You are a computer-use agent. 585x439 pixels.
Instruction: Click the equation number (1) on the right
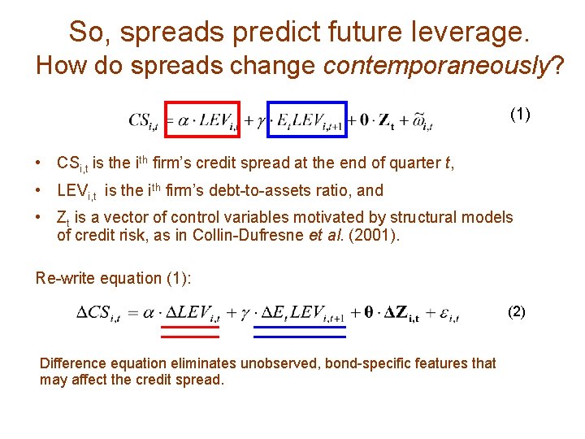(521, 114)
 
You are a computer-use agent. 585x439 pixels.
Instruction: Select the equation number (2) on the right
(517, 311)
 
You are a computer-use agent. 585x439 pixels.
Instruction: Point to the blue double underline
(300, 331)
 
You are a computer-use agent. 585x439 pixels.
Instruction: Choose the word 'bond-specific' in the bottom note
(364, 363)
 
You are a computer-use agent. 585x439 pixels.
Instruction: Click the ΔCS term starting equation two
(99, 313)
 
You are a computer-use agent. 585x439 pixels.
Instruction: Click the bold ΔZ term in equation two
(401, 313)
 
